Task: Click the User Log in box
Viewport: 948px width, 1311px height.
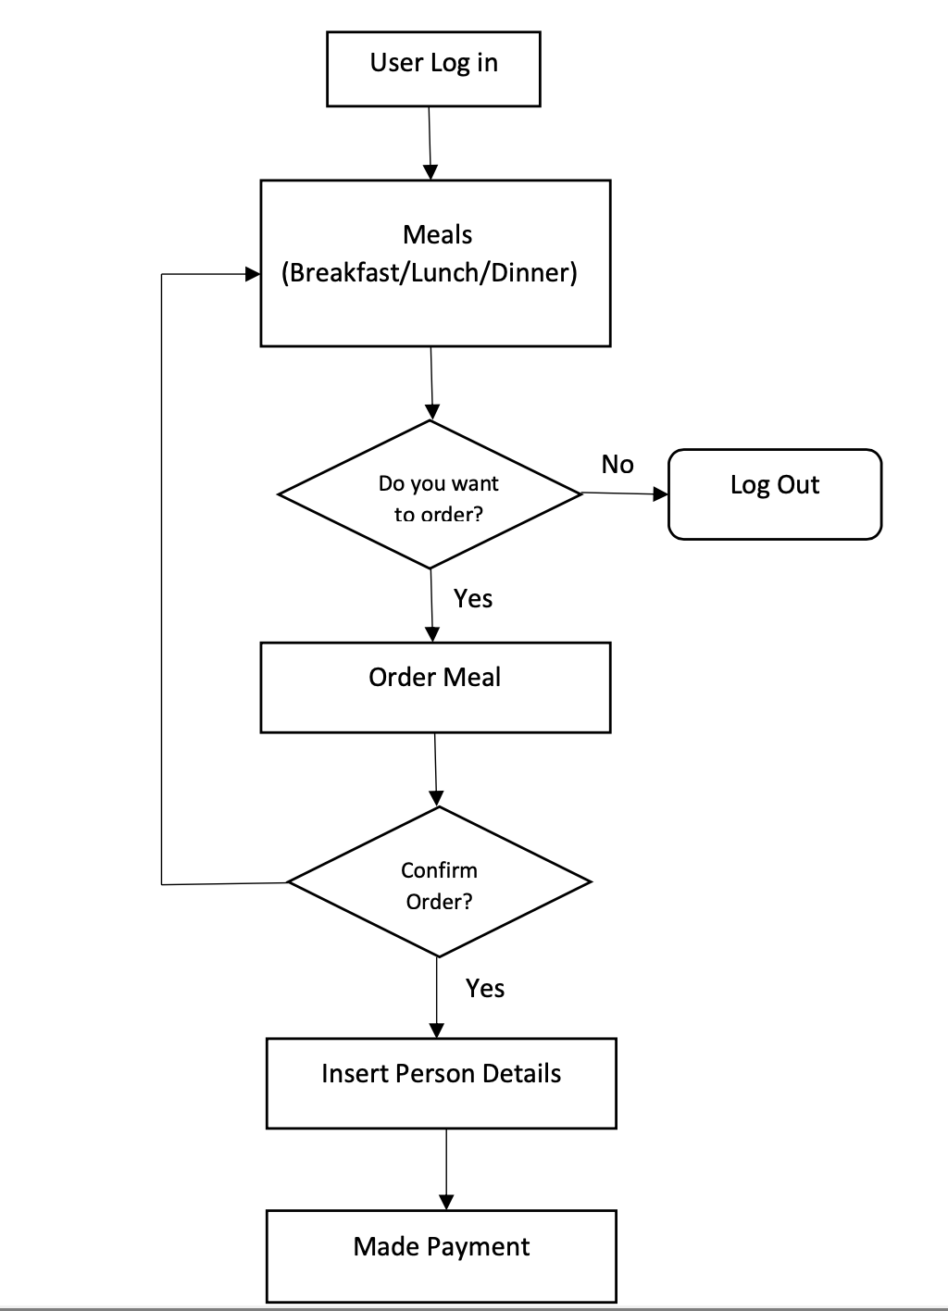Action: pyautogui.click(x=433, y=69)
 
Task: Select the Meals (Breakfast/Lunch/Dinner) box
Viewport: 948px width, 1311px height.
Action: pyautogui.click(x=435, y=263)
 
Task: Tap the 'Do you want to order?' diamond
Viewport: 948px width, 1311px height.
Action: pyautogui.click(x=430, y=494)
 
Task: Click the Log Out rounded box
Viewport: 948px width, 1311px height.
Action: pyautogui.click(x=775, y=494)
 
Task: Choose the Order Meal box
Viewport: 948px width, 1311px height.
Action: pyautogui.click(x=435, y=687)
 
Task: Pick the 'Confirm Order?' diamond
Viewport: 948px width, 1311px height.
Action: pyautogui.click(x=439, y=882)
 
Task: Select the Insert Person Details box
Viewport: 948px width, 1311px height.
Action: pyautogui.click(x=441, y=1083)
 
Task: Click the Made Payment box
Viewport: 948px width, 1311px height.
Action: pyautogui.click(x=441, y=1255)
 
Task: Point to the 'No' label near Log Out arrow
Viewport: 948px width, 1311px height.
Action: pyautogui.click(x=617, y=465)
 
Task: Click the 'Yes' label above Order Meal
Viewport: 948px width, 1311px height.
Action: pyautogui.click(x=473, y=599)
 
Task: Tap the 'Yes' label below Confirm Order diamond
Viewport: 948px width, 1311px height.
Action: pyautogui.click(x=485, y=989)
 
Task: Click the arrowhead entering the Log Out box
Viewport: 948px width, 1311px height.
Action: pyautogui.click(x=661, y=494)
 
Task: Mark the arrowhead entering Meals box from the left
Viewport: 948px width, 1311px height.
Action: pyautogui.click(x=253, y=274)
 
